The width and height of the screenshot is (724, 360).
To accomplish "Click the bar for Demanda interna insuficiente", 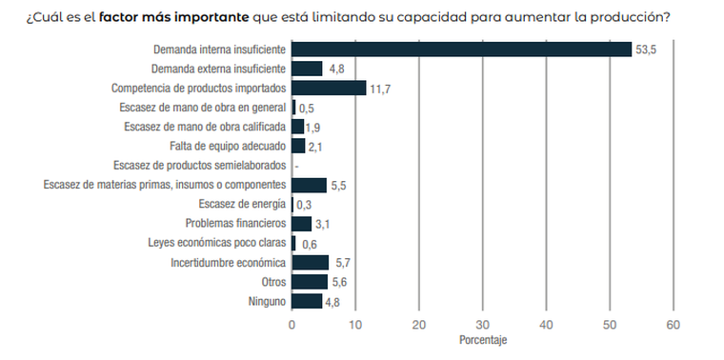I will [x=462, y=50].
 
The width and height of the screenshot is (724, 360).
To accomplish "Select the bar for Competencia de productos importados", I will [x=329, y=88].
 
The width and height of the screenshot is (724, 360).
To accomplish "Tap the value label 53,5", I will [x=647, y=50].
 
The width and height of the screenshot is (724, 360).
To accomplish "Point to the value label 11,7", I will [x=380, y=89].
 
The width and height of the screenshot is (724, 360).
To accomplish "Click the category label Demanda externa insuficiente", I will [x=218, y=69].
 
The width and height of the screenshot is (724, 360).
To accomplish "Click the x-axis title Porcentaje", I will [x=482, y=340].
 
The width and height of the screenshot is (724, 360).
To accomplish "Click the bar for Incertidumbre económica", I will [x=310, y=262].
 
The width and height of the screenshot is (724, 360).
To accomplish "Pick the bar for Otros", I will [x=310, y=282].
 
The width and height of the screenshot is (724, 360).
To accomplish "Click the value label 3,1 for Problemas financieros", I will [x=322, y=224].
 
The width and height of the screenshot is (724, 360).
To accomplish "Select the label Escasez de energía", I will [x=241, y=204].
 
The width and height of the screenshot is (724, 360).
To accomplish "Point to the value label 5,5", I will [x=338, y=185].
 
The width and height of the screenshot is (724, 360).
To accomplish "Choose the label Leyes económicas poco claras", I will [x=216, y=243].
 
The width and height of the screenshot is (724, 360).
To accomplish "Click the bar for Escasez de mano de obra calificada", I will [x=297, y=127].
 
